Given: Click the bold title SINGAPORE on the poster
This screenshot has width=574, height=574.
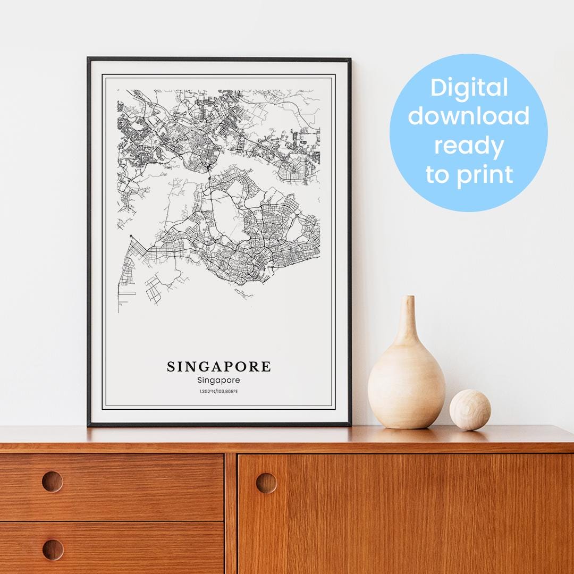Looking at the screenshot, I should [218, 367].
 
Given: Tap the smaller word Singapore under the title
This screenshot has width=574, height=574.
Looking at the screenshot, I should [218, 380].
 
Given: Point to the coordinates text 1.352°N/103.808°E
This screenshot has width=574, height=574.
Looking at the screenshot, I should [218, 392].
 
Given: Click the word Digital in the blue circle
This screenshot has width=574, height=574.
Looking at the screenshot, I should [469, 88].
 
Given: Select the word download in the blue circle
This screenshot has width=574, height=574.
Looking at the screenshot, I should [469, 116].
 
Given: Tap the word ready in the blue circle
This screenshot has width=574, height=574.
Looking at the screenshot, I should [469, 145].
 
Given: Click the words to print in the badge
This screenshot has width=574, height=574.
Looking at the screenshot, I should [469, 174].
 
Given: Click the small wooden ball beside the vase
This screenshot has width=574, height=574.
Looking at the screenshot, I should [470, 410].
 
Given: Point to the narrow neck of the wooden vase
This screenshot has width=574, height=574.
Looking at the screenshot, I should [408, 319].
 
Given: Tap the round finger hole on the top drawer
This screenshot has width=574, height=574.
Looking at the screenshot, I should [52, 482].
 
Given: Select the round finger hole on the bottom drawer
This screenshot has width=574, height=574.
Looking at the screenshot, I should [52, 550].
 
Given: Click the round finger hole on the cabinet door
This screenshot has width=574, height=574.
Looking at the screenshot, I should [266, 483].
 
